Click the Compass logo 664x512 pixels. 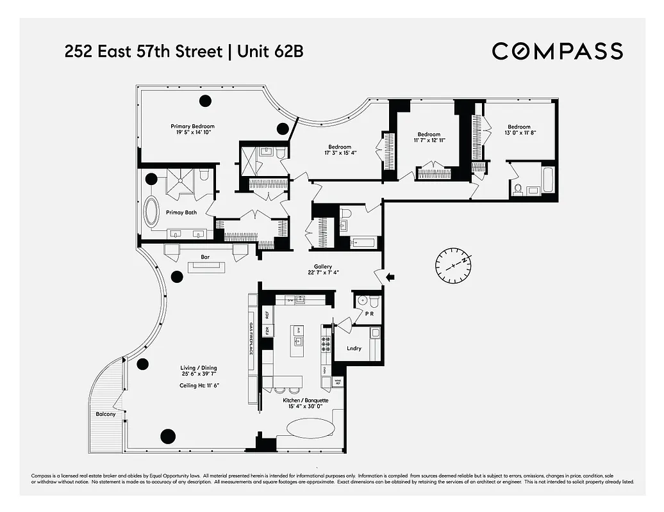click(557, 51)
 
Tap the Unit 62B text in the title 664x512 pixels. click(270, 51)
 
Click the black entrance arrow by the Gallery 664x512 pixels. click(390, 277)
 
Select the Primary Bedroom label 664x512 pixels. click(192, 127)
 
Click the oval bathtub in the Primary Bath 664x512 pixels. click(151, 212)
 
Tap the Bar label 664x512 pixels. click(206, 257)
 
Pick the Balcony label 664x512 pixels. click(106, 414)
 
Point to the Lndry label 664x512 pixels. click(354, 349)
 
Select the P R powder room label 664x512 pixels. click(369, 314)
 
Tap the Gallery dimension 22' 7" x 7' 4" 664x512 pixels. click(322, 273)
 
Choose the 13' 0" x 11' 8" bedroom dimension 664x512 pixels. click(519, 133)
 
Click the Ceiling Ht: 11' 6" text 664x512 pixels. click(201, 385)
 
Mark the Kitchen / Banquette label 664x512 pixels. click(306, 401)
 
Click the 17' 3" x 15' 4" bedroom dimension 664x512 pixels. click(340, 153)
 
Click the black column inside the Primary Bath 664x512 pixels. click(151, 180)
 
